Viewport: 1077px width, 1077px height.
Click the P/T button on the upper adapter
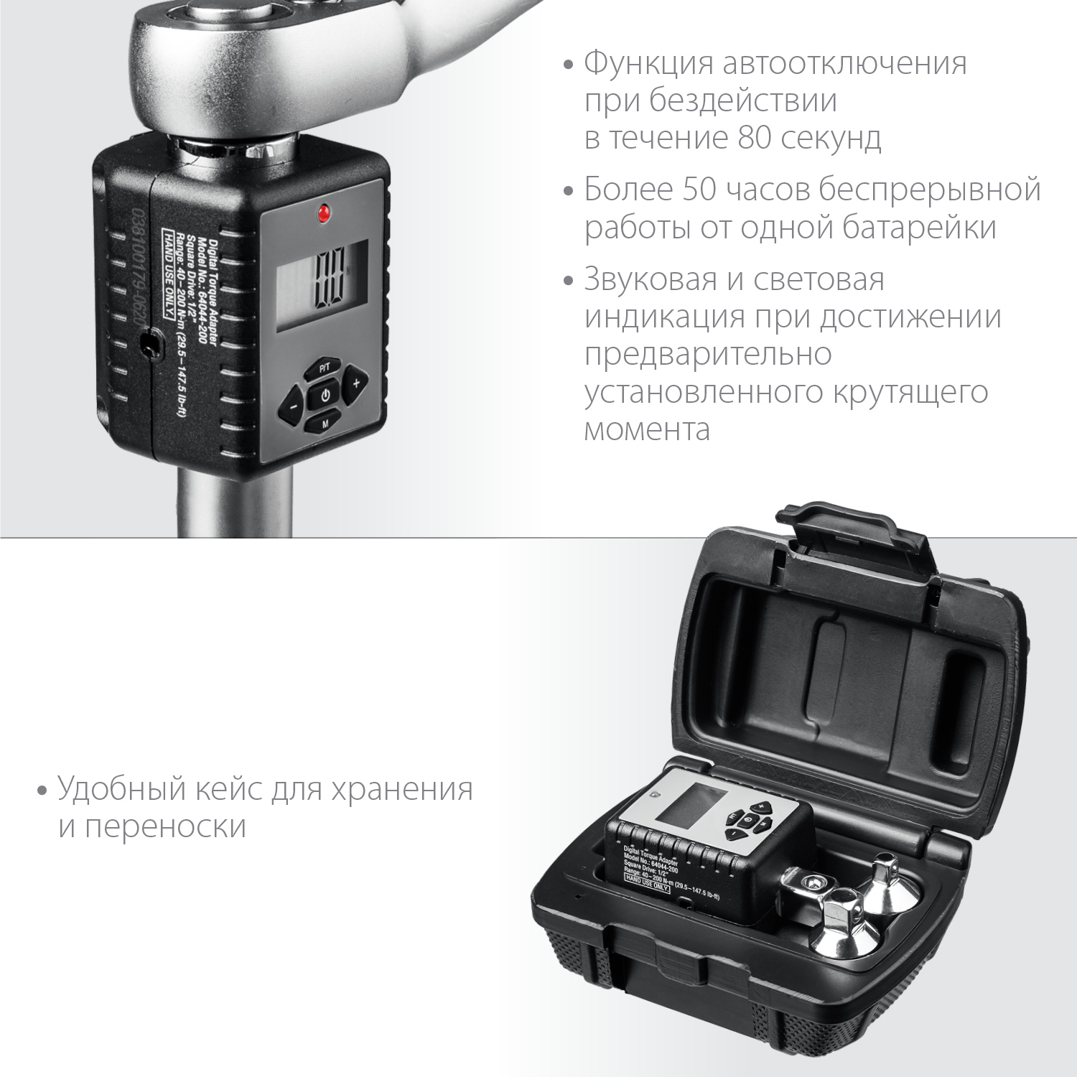(324, 368)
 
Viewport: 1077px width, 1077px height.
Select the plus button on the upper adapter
(355, 383)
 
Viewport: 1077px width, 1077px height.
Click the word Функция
(649, 63)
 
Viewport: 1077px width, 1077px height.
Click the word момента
(647, 429)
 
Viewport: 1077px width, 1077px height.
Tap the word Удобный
(124, 789)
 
